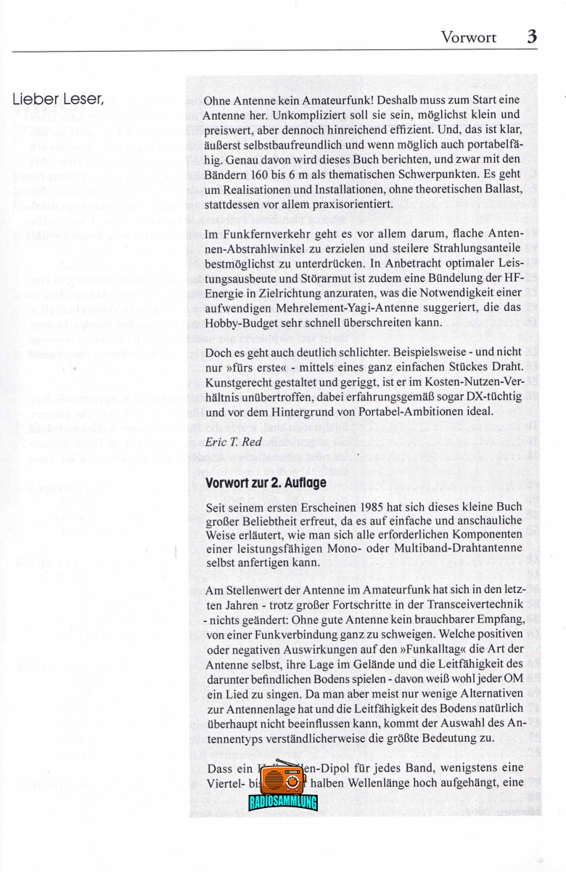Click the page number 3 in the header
tap(532, 36)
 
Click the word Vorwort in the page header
tap(468, 37)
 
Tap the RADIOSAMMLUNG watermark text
tap(283, 802)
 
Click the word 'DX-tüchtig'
tap(492, 397)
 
